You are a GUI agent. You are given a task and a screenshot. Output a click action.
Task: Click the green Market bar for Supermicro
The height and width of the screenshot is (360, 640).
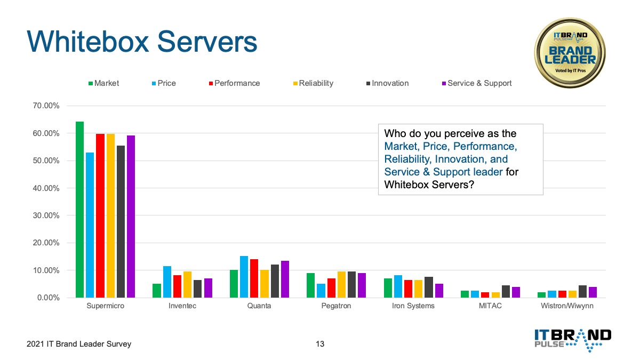tap(79, 210)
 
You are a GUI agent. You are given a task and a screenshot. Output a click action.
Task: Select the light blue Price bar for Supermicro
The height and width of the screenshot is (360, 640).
tap(90, 225)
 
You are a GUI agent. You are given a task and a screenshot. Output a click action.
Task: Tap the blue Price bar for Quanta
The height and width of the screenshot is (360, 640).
tap(244, 277)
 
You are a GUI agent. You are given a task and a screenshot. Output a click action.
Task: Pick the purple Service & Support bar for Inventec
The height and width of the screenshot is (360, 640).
tap(208, 288)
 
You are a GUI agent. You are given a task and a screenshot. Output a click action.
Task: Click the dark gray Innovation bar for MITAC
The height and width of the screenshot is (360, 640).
tap(506, 291)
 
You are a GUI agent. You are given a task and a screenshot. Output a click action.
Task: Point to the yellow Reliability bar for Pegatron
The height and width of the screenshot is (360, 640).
tap(341, 285)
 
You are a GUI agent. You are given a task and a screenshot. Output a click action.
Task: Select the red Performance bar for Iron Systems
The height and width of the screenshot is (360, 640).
tap(408, 289)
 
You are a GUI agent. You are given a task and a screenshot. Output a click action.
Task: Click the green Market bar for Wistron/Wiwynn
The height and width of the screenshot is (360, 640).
tap(541, 295)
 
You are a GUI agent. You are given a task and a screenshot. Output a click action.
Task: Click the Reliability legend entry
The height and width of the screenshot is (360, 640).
tap(313, 83)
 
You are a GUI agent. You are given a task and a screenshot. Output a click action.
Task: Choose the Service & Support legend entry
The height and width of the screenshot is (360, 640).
tap(477, 83)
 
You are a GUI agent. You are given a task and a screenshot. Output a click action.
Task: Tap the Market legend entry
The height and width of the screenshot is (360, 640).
tap(103, 83)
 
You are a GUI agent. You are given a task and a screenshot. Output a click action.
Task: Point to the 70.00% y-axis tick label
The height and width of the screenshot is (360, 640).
tap(46, 106)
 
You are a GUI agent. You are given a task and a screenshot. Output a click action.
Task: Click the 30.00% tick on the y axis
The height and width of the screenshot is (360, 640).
tap(46, 215)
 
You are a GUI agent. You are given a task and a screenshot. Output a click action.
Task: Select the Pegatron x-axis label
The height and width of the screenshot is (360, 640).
tap(336, 306)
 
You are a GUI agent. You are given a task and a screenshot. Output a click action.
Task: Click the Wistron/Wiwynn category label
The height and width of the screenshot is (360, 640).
tap(567, 306)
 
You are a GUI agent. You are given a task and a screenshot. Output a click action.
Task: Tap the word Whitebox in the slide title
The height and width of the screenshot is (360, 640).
tap(88, 42)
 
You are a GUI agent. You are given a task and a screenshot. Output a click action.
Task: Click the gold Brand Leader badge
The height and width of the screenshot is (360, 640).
tap(570, 53)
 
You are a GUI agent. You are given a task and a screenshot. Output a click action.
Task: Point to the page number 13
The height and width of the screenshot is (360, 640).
tap(320, 343)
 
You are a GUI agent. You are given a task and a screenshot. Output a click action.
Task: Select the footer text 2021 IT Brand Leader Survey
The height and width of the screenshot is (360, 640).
tap(79, 343)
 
